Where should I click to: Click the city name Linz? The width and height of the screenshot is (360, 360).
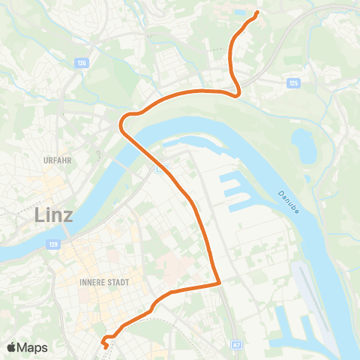(54, 215)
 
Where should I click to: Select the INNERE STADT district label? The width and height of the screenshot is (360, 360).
(103, 283)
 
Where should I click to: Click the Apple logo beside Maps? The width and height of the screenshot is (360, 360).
(12, 347)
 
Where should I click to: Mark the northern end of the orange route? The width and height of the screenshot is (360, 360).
(257, 13)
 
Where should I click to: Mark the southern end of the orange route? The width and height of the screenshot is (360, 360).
(105, 346)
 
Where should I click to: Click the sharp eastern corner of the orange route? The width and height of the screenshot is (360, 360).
(219, 283)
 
